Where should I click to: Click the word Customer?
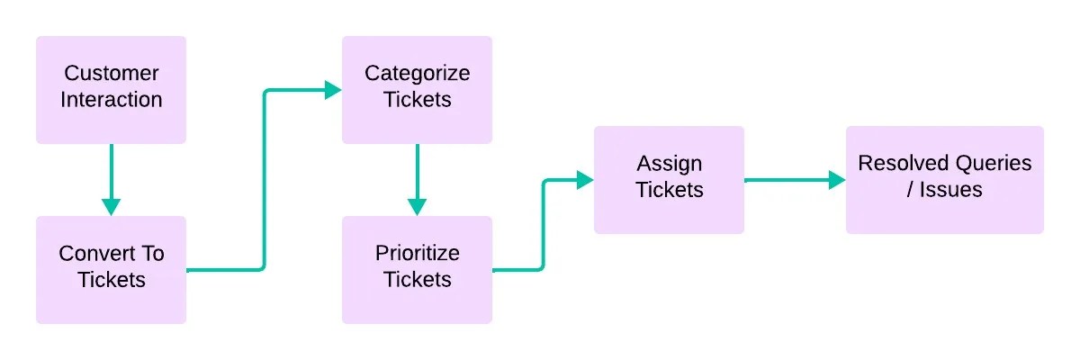(112, 73)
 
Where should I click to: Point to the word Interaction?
(112, 99)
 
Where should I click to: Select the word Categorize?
(417, 73)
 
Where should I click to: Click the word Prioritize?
(417, 253)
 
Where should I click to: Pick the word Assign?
(669, 164)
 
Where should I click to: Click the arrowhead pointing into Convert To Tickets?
(111, 207)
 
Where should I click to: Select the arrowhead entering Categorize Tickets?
(333, 90)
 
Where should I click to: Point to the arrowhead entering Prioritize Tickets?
(417, 207)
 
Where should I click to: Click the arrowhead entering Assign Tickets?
(585, 180)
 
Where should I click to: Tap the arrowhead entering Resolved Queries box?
(837, 180)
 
